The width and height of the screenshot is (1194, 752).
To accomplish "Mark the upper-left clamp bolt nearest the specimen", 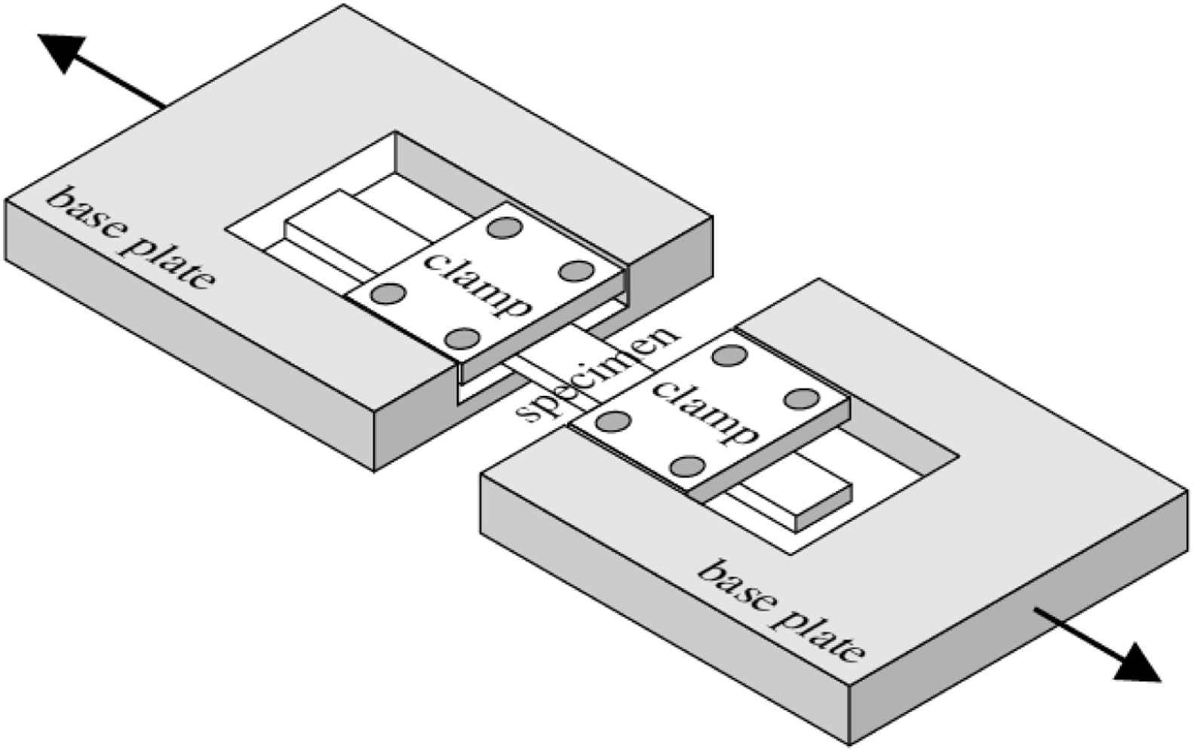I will click(462, 338).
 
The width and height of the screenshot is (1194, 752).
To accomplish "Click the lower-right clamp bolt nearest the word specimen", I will click(614, 420).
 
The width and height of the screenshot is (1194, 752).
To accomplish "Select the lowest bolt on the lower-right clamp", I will click(687, 466).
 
